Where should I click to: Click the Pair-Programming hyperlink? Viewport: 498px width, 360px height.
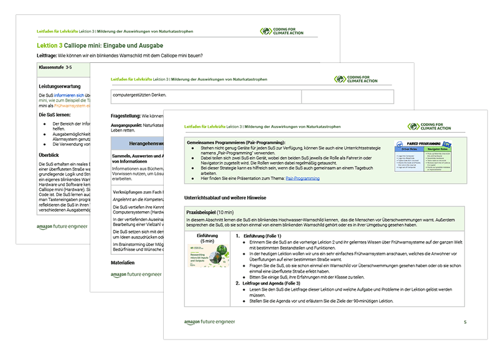click(303, 178)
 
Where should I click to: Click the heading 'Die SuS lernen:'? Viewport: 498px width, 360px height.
click(54, 115)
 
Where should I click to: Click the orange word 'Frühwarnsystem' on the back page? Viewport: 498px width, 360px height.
click(68, 106)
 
